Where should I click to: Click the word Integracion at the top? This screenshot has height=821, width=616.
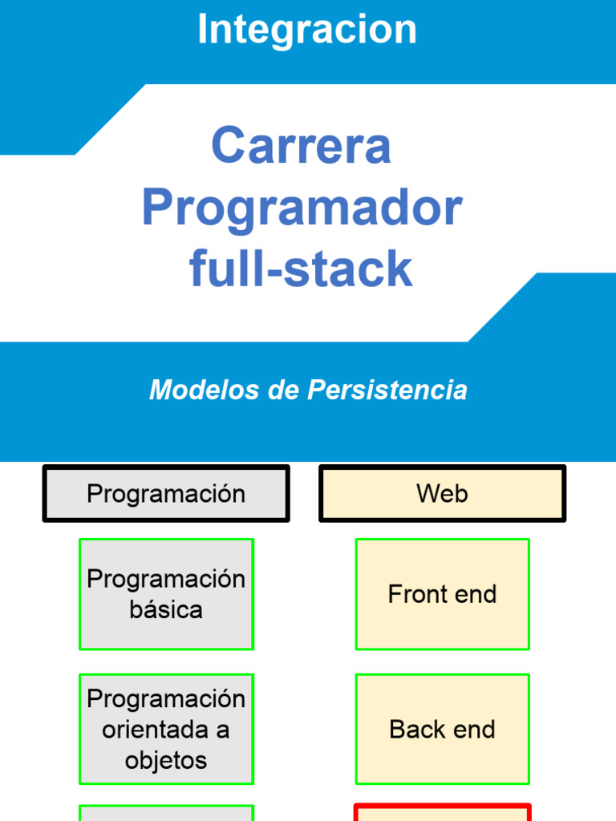307,30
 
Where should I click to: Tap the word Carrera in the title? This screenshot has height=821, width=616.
302,146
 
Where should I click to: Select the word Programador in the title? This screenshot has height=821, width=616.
302,208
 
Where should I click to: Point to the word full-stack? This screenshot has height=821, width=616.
302,269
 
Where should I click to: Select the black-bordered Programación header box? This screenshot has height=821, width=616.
166,494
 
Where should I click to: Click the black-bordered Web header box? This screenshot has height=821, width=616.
442,494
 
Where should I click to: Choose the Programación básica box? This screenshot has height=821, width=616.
166,594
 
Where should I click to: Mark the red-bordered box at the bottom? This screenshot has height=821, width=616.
442,813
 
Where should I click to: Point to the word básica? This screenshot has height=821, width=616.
166,610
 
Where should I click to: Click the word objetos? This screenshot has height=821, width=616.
166,760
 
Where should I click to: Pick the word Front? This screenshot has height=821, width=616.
415,594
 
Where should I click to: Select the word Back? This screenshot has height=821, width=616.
415,730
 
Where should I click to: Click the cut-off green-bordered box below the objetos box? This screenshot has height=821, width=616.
166,814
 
